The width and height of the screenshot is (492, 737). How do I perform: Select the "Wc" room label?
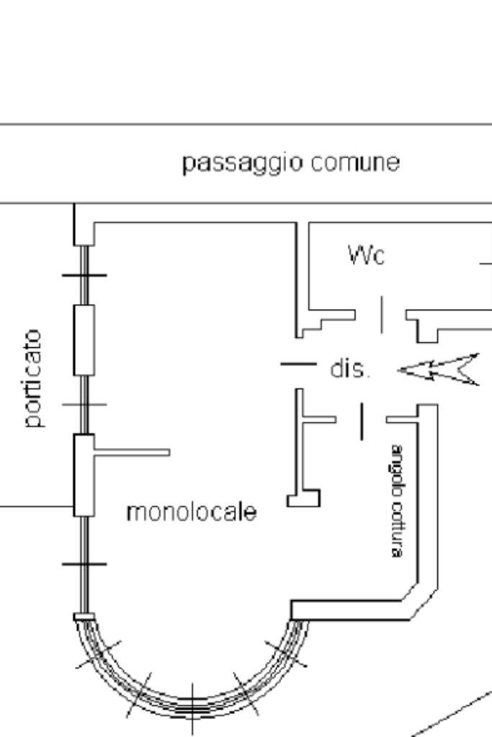click(366, 256)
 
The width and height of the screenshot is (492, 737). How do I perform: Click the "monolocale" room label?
click(191, 512)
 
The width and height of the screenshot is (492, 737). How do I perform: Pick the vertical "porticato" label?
click(35, 380)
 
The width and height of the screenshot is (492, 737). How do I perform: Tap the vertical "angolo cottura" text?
click(396, 500)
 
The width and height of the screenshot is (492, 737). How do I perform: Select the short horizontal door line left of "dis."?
click(298, 364)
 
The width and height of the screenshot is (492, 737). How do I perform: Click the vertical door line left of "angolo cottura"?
click(362, 421)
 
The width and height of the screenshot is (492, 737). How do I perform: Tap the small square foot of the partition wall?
click(303, 498)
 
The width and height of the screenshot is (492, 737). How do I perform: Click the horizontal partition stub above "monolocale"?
click(133, 452)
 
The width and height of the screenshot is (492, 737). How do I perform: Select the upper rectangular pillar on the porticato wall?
click(84, 339)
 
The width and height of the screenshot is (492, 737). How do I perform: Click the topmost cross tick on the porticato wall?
click(84, 274)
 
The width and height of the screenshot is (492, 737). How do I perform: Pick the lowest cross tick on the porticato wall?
click(84, 563)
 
